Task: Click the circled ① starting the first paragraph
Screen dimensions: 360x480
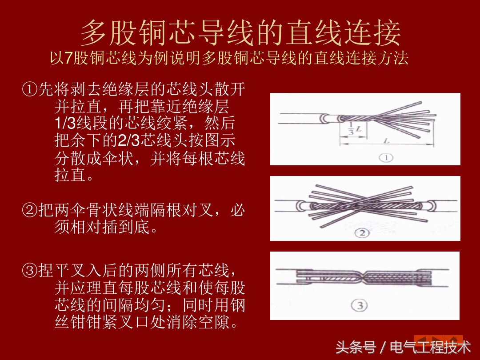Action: point(29,90)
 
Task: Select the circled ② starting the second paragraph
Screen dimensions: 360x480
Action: point(29,210)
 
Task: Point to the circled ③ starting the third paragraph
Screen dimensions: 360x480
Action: point(29,271)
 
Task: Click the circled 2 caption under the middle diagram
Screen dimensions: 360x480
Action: point(362,233)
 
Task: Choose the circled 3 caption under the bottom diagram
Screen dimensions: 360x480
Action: point(359,305)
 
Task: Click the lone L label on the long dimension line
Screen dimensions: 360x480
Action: point(386,141)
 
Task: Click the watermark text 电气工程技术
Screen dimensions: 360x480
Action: point(430,347)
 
